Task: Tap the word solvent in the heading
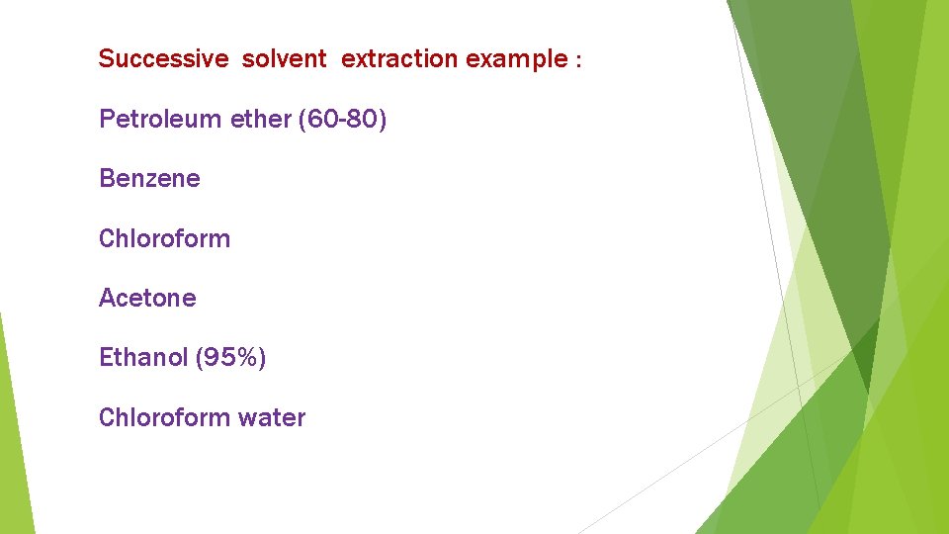click(x=284, y=59)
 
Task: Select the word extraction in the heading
click(x=400, y=59)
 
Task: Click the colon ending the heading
click(x=578, y=61)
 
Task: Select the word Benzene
click(x=149, y=179)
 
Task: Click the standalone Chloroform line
click(x=164, y=238)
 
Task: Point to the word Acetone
click(x=147, y=298)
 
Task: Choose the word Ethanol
click(x=143, y=357)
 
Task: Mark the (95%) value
click(x=231, y=357)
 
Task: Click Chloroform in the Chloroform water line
click(x=164, y=417)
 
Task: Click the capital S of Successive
click(x=106, y=59)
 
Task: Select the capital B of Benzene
click(x=106, y=179)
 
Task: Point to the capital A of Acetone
click(x=107, y=298)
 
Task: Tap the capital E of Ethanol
click(x=106, y=357)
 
